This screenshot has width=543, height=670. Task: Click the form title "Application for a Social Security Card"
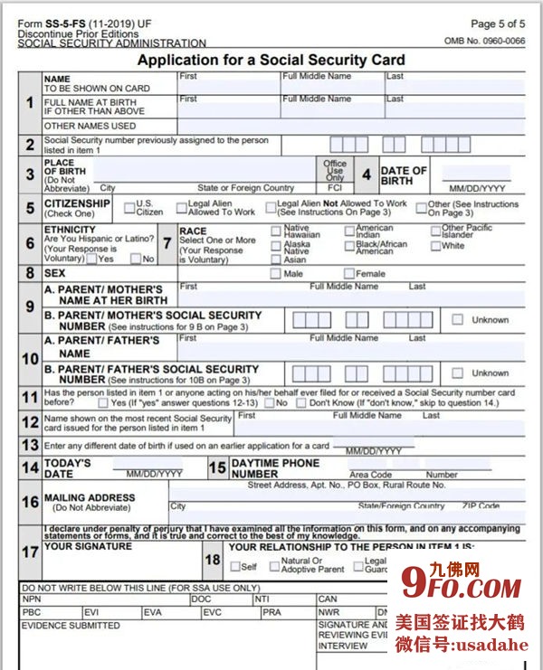[271, 60]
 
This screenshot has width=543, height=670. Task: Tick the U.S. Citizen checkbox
[130, 207]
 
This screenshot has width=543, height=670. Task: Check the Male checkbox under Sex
[276, 273]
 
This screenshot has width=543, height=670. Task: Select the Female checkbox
[349, 273]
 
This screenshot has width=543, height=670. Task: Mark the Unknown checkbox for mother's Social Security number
[458, 319]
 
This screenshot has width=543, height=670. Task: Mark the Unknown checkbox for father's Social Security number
[458, 373]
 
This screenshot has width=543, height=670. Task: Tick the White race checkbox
[436, 246]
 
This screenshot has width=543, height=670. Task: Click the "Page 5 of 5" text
[497, 24]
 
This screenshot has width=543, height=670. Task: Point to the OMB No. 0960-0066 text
[484, 41]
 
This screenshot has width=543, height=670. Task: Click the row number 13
[30, 446]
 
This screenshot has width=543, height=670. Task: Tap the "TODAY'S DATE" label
[68, 467]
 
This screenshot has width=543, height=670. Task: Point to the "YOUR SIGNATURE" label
[88, 547]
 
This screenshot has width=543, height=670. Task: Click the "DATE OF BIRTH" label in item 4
[404, 175]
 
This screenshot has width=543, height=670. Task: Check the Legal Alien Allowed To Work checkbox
[182, 207]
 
